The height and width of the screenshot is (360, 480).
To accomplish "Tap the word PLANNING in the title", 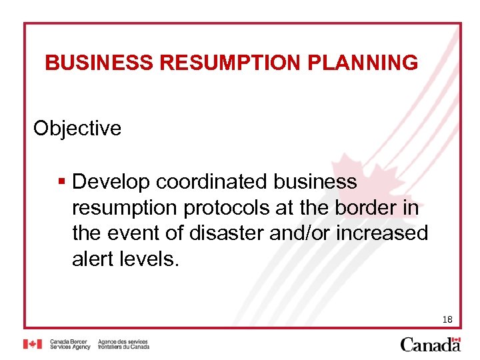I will tap(363, 63).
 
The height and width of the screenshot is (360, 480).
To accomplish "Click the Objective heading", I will tap(77, 128).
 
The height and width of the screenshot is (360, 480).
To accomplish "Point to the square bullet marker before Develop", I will tap(61, 181).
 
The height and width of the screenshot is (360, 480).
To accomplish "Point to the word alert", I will tap(93, 259).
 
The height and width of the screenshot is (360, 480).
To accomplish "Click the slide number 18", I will tap(447, 320).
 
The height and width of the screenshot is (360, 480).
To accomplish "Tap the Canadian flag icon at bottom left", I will tap(33, 344).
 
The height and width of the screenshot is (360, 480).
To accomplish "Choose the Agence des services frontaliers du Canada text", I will tap(123, 344).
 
